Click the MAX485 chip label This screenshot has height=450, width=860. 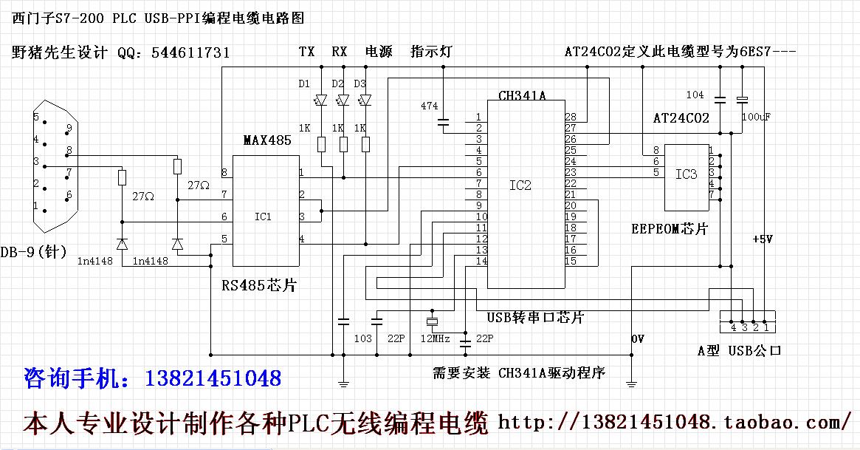267,140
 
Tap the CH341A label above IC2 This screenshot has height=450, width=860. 522,96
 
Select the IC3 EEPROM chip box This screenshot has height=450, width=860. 686,176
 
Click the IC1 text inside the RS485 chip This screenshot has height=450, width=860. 263,217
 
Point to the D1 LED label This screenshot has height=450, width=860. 305,83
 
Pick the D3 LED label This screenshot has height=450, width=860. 360,83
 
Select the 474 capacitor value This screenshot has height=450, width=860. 429,106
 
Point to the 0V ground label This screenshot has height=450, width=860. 639,338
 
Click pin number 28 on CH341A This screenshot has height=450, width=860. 570,117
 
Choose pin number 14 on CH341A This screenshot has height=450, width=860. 481,261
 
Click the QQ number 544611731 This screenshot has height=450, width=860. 190,53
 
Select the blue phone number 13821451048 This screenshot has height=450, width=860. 214,379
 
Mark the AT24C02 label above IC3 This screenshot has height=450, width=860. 681,118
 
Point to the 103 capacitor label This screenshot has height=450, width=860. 362,338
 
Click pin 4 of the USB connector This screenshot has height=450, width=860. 733,326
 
